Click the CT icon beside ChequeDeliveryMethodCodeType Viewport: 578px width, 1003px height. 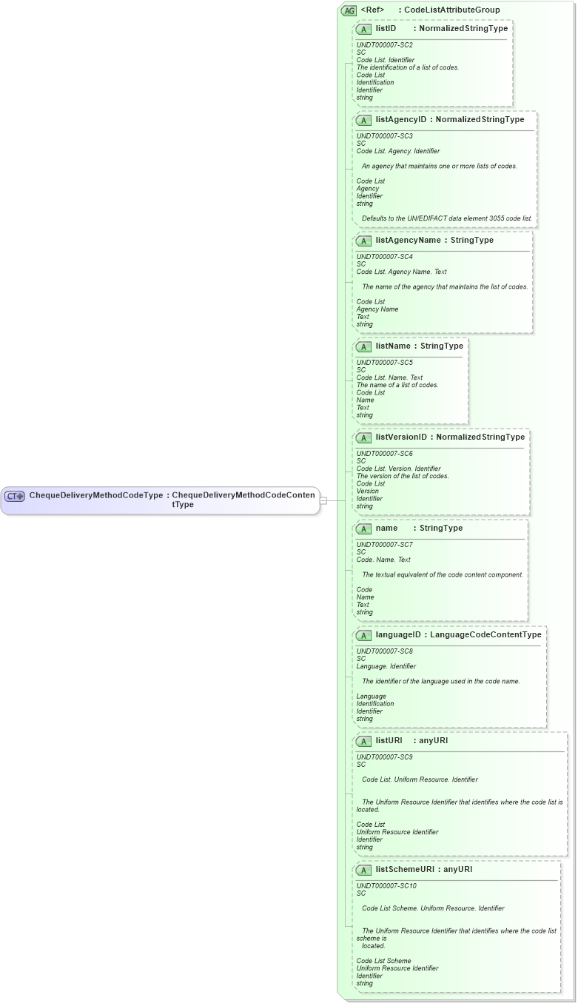pyautogui.click(x=15, y=496)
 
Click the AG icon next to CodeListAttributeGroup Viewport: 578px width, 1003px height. pyautogui.click(x=349, y=10)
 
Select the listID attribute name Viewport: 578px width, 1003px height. pyautogui.click(x=386, y=29)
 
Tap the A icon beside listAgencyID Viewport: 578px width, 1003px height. pyautogui.click(x=363, y=120)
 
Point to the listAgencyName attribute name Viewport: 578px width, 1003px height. pyautogui.click(x=408, y=241)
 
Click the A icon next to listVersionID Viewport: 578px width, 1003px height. pyautogui.click(x=363, y=437)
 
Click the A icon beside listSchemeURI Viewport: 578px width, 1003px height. pyautogui.click(x=363, y=870)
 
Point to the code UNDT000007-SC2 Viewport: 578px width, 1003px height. pyautogui.click(x=385, y=45)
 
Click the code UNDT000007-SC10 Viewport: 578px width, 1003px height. pyautogui.click(x=386, y=885)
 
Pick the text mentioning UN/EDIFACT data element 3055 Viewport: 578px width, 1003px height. pyautogui.click(x=447, y=219)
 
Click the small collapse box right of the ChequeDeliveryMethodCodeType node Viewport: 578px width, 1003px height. pyautogui.click(x=323, y=500)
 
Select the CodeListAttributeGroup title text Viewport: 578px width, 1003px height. pyautogui.click(x=451, y=10)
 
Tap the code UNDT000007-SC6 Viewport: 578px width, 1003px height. pyautogui.click(x=385, y=453)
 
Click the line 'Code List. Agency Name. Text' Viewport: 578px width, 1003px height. pyautogui.click(x=401, y=272)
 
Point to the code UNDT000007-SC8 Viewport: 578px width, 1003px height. pyautogui.click(x=385, y=651)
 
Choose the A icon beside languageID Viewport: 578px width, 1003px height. pyautogui.click(x=363, y=635)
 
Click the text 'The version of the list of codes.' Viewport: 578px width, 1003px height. pyautogui.click(x=403, y=476)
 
